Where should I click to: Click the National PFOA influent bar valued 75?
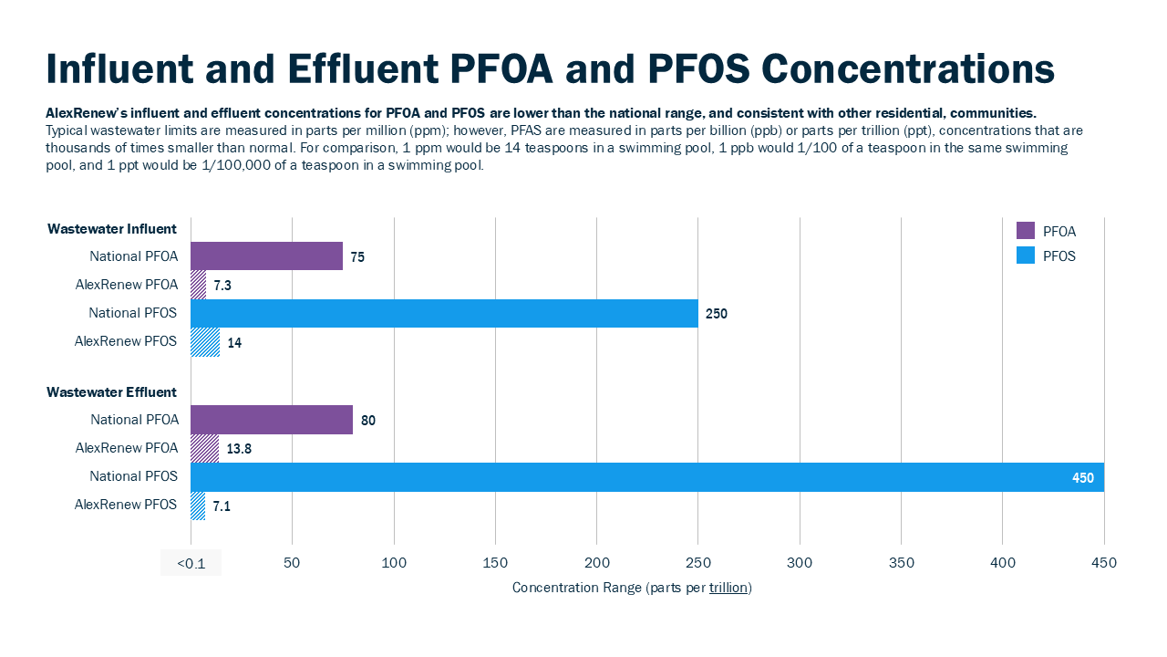[x=266, y=256]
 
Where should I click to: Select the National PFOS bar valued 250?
[x=444, y=313]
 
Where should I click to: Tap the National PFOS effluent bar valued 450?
[x=638, y=477]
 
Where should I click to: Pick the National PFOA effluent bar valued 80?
[x=272, y=420]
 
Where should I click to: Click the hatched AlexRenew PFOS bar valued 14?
[x=205, y=342]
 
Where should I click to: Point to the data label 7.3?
[x=222, y=286]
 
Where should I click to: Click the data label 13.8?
[x=239, y=449]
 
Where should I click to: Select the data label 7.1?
[x=222, y=506]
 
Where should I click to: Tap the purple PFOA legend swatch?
[x=1026, y=231]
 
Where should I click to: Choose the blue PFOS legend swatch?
[x=1026, y=255]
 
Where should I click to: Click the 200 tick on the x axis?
[x=596, y=563]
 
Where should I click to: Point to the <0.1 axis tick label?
[x=191, y=563]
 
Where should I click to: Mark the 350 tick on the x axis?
[x=901, y=563]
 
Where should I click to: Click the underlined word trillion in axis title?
[x=729, y=588]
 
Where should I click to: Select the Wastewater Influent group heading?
[x=112, y=229]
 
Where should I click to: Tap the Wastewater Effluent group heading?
[x=112, y=392]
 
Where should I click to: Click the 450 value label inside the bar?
[x=1083, y=477]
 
